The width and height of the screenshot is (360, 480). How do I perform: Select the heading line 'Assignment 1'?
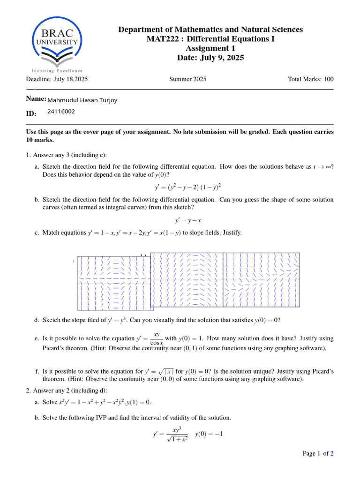(210, 48)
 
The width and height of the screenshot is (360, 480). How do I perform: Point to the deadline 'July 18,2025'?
(71, 79)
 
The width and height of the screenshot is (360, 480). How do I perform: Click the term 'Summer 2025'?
(187, 79)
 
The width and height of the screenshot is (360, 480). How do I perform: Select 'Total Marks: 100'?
(311, 79)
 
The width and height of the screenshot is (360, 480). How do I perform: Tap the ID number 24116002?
(61, 112)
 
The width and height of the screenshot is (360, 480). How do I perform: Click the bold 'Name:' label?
(36, 99)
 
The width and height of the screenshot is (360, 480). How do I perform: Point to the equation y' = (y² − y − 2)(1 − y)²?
(188, 188)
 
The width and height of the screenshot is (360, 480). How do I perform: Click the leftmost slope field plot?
(114, 283)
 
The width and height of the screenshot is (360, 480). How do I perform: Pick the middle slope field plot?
(187, 280)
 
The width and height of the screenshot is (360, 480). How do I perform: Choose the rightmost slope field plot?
(261, 280)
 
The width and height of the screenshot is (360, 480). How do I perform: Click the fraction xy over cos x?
(157, 338)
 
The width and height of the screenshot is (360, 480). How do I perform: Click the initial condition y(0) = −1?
(209, 434)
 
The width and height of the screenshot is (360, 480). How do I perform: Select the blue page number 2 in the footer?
(332, 453)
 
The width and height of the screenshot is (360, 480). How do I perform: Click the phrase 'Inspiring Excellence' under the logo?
(57, 71)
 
